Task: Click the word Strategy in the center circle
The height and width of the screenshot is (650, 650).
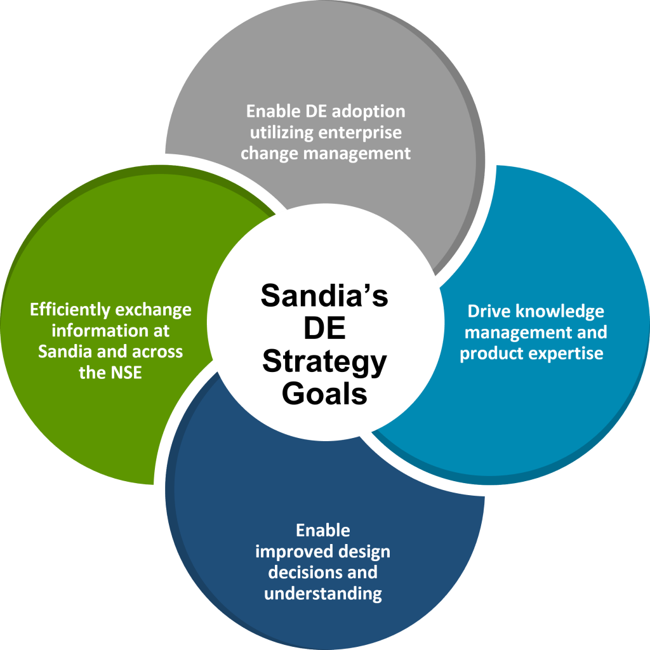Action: [x=324, y=362]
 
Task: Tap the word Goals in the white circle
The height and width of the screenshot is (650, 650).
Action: [x=324, y=394]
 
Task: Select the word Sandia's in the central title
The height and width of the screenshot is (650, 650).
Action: [x=324, y=296]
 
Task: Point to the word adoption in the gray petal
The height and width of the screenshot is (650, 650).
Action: [x=371, y=111]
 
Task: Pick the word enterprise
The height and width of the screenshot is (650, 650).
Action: [x=362, y=133]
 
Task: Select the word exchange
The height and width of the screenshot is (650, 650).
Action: [x=152, y=310]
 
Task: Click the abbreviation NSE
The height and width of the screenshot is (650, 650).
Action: [x=128, y=373]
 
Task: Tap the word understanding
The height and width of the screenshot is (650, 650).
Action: [x=323, y=594]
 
